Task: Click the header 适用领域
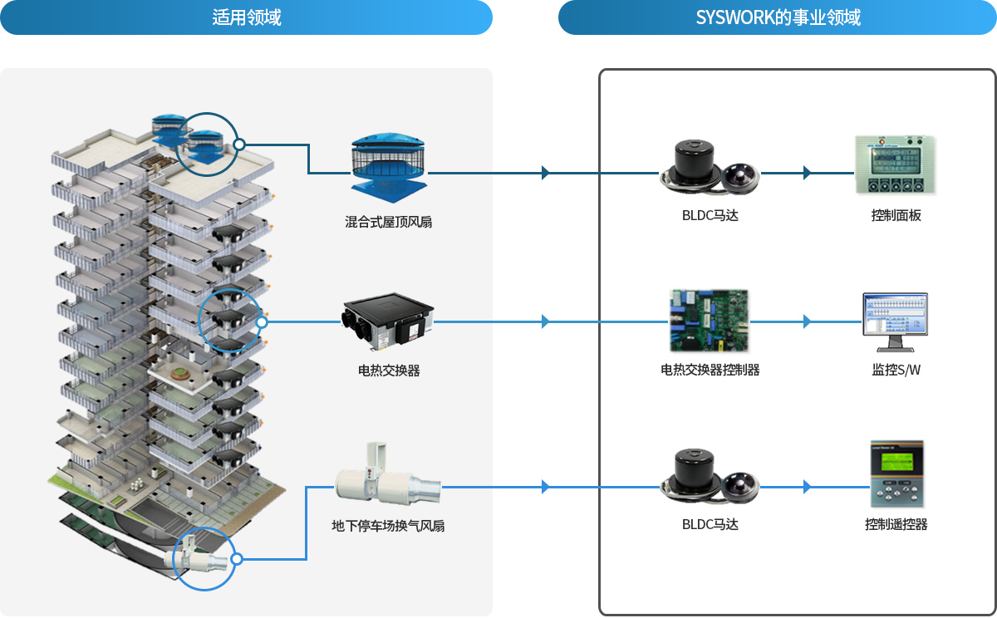246,17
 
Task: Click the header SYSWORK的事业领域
778,17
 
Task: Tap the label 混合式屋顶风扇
388,222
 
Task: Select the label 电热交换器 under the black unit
389,370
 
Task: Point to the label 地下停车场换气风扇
388,526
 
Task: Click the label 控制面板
896,215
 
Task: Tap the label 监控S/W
896,370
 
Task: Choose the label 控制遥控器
896,524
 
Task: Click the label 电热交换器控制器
710,370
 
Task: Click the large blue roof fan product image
389,168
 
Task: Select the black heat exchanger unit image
388,321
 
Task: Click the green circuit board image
709,321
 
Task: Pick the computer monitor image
895,322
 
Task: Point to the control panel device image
895,165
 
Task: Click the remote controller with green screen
896,473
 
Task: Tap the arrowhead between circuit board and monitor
807,321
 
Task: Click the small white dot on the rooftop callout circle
239,145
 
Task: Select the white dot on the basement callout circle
237,559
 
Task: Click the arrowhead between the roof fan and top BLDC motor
545,173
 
